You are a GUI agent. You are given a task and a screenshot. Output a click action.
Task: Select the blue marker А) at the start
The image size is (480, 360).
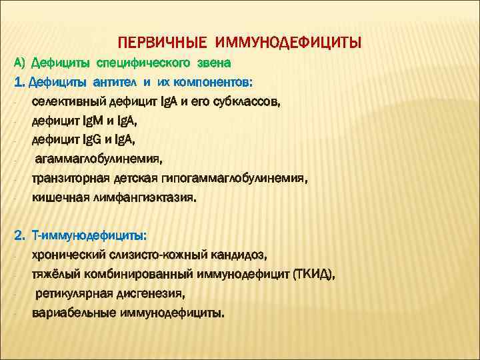coord(19,63)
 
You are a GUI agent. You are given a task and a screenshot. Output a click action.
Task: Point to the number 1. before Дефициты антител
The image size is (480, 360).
coord(19,83)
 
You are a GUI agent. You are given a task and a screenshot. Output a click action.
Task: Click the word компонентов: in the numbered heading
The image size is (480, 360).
coord(218,83)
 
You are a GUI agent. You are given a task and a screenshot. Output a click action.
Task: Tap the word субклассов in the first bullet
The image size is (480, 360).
coord(250,102)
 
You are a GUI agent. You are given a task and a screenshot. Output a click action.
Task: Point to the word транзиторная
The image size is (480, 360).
coord(68,179)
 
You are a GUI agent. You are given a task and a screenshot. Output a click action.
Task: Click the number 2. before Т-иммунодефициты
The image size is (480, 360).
coord(19,236)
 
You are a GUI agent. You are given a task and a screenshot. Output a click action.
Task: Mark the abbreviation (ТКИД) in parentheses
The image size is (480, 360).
coord(314,274)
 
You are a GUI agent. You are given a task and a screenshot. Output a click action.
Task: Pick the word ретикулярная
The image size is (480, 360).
coord(71,293)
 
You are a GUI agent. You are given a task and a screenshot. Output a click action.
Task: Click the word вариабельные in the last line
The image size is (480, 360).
coord(73,313)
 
